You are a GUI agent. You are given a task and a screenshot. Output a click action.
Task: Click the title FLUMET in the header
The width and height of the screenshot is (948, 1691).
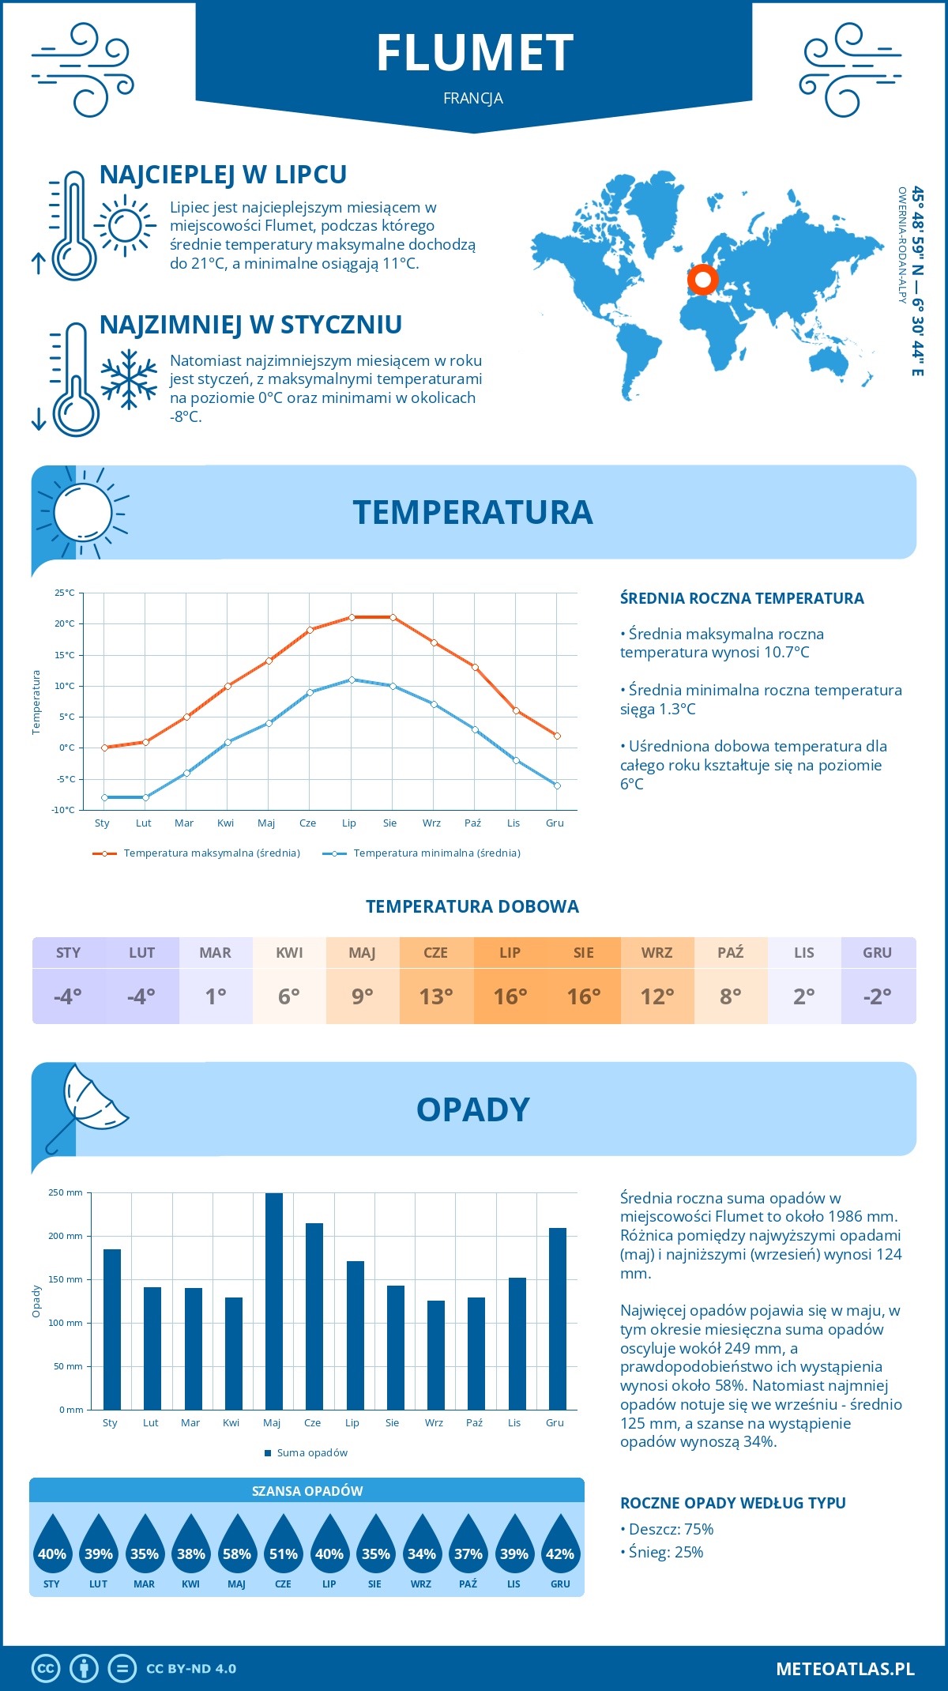coord(475,54)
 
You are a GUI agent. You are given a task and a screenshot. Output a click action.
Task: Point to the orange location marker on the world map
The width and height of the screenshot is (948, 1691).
coord(702,279)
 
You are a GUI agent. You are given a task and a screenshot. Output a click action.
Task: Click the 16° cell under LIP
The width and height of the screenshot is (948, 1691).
coord(510,996)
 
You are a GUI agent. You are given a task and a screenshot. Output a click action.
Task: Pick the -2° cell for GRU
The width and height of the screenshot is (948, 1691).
coord(878,996)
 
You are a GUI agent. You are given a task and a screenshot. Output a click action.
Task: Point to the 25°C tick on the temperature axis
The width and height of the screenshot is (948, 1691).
coord(65,593)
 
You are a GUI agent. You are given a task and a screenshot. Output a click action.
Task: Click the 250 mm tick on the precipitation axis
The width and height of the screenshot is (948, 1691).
coord(66,1192)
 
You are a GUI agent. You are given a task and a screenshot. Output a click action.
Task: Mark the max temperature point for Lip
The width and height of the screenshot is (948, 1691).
coord(352,617)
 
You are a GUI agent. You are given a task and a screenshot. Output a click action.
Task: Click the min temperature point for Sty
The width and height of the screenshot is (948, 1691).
coord(104,797)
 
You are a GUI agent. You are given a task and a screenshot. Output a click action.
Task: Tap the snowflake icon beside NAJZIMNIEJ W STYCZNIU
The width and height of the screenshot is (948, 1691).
coord(129,379)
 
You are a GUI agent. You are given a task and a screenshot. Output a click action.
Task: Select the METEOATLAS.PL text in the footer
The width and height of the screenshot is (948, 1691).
coord(845,1669)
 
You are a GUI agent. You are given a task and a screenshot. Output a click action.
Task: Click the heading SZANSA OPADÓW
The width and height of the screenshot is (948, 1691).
coord(307,1491)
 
